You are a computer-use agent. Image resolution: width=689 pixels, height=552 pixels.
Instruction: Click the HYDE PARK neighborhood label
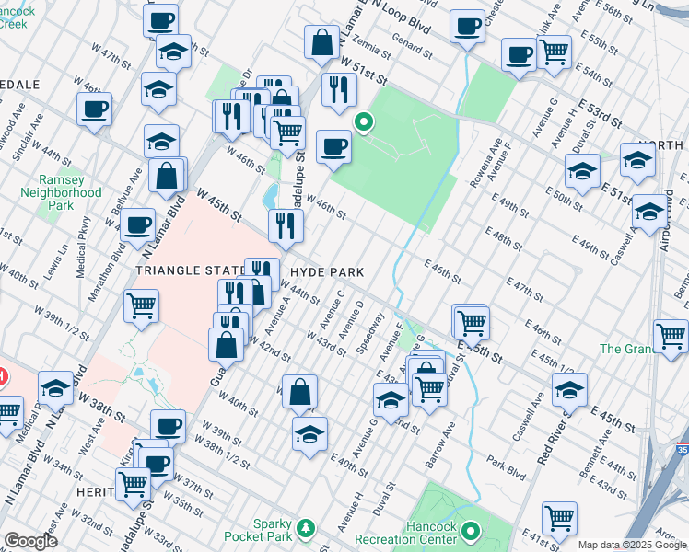click(x=327, y=272)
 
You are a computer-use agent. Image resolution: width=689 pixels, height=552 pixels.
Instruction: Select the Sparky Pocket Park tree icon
click(x=311, y=528)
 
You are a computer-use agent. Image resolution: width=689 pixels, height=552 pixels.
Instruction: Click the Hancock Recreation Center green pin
click(x=472, y=531)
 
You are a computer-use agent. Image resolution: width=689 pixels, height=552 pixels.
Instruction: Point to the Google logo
click(x=30, y=541)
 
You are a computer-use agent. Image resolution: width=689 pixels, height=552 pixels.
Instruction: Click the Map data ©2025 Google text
click(x=632, y=545)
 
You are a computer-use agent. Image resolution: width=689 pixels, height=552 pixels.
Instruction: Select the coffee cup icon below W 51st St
click(x=333, y=145)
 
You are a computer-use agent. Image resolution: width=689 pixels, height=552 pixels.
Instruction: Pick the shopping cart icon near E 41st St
click(x=559, y=517)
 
